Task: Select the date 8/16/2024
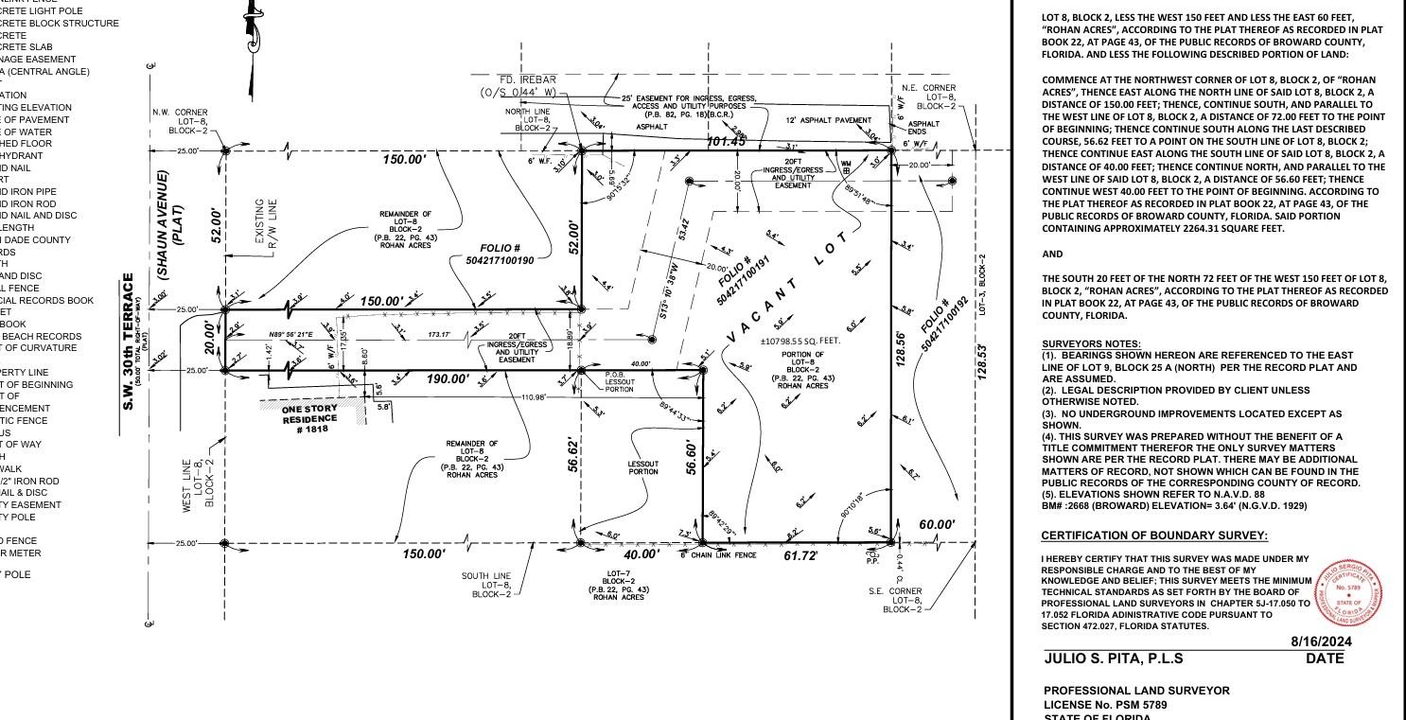pos(1321,641)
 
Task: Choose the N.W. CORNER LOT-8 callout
pos(180,121)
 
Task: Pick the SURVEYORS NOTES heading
pos(1091,342)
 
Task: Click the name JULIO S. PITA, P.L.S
pos(1113,659)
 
